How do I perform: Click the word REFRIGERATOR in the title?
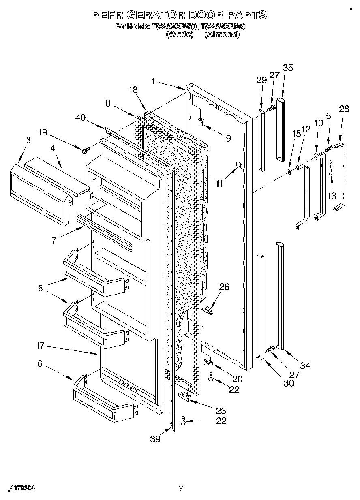[137, 15]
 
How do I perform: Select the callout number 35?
[288, 68]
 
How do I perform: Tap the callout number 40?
[81, 118]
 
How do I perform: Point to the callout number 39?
[155, 439]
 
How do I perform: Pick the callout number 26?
[224, 287]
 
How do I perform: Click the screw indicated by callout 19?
[85, 151]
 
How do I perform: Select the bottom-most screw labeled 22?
[183, 421]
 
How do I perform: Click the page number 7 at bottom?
[181, 488]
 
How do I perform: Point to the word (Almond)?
[222, 34]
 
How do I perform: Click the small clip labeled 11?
[239, 165]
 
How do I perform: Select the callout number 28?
[344, 109]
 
